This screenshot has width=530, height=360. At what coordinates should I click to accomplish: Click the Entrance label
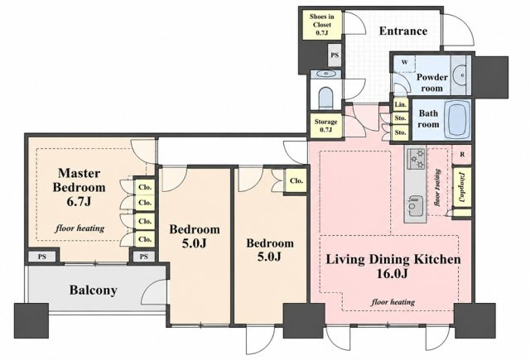tap(403, 31)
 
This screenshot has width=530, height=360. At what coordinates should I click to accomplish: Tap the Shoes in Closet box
tap(322, 25)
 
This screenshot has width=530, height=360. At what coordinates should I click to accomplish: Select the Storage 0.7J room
tap(325, 126)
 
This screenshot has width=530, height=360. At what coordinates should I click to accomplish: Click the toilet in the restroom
tap(325, 98)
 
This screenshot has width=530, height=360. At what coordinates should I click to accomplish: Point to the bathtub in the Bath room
tap(456, 119)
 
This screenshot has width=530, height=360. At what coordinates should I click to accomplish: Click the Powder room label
tap(431, 83)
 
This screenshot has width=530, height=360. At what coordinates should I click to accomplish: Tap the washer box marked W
tap(404, 63)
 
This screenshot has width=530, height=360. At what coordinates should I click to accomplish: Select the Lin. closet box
tap(401, 105)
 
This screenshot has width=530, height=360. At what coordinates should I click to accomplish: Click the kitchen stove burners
tap(416, 158)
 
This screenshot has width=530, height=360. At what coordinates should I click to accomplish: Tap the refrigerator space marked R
tap(462, 154)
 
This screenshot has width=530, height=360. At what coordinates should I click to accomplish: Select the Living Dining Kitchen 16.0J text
tap(393, 266)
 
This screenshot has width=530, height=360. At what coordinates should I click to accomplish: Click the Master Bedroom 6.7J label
tap(79, 187)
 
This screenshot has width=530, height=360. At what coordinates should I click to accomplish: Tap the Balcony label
tap(94, 290)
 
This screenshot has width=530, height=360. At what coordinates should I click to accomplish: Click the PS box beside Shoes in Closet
tap(335, 55)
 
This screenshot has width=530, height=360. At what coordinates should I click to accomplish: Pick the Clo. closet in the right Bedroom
tap(296, 180)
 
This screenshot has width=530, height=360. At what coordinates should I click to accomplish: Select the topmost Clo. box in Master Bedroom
tap(145, 187)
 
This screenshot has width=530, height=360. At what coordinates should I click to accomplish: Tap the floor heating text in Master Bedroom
tap(79, 228)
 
